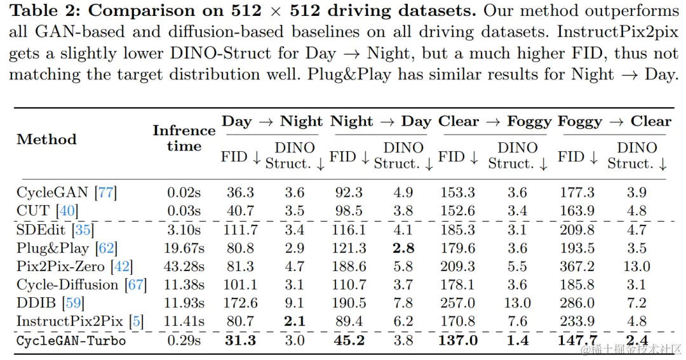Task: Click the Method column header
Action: [x=46, y=139]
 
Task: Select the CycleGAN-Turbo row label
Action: [x=71, y=340]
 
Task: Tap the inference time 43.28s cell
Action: [x=183, y=267]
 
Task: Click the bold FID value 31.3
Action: [x=240, y=340]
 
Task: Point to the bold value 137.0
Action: [x=459, y=340]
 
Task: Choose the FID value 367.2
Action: [x=577, y=267]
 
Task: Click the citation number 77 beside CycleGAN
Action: [x=105, y=192]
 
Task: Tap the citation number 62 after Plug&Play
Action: [x=106, y=248]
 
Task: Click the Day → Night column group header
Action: [x=272, y=121]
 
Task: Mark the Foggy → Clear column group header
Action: [x=614, y=121]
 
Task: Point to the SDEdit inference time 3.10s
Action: [x=183, y=230]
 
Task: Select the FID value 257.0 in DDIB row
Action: [x=459, y=303]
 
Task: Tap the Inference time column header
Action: [x=184, y=138]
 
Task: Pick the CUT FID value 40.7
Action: [x=240, y=211]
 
